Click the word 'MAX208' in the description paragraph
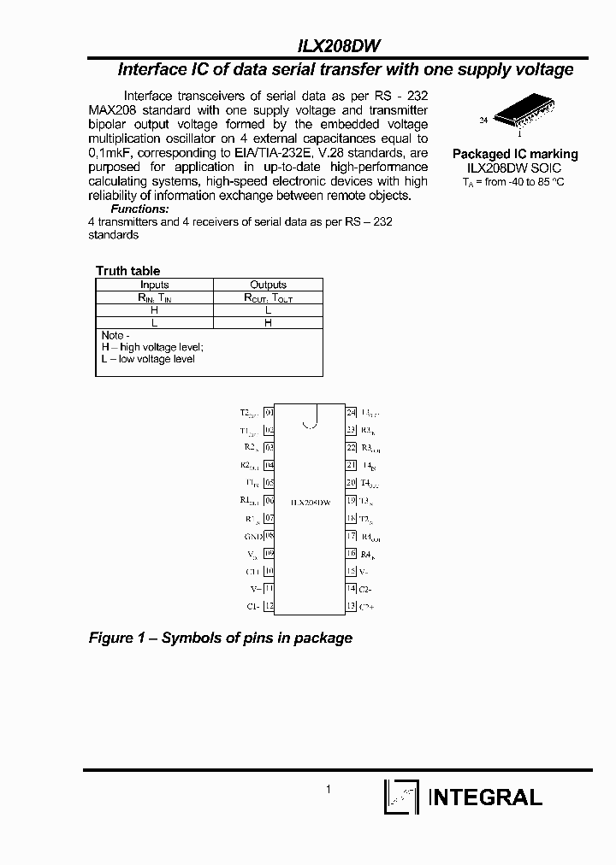(112, 111)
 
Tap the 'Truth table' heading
(127, 271)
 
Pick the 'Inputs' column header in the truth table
(154, 285)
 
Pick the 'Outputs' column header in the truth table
(268, 285)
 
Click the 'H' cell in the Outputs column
(268, 323)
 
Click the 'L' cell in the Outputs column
(268, 310)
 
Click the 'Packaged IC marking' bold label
(514, 154)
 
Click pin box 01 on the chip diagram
(269, 413)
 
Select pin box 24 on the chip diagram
(351, 413)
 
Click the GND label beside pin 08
(252, 536)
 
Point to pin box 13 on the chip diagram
(351, 606)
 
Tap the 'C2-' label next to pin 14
(365, 589)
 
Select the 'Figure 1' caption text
(221, 638)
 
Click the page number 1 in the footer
(329, 791)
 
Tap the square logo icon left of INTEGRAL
(400, 797)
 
